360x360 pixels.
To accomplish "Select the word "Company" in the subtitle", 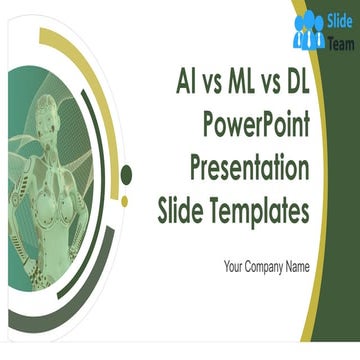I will [x=263, y=267].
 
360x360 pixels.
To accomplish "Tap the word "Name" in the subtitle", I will [x=296, y=267].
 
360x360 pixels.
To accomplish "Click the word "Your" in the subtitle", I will [x=234, y=267].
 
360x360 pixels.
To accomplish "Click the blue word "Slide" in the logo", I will [x=340, y=19].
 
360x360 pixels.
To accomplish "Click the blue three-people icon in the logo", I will [x=309, y=32].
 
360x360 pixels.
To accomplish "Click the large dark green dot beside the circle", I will [x=126, y=176].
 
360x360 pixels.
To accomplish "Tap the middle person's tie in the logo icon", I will [x=309, y=38].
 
